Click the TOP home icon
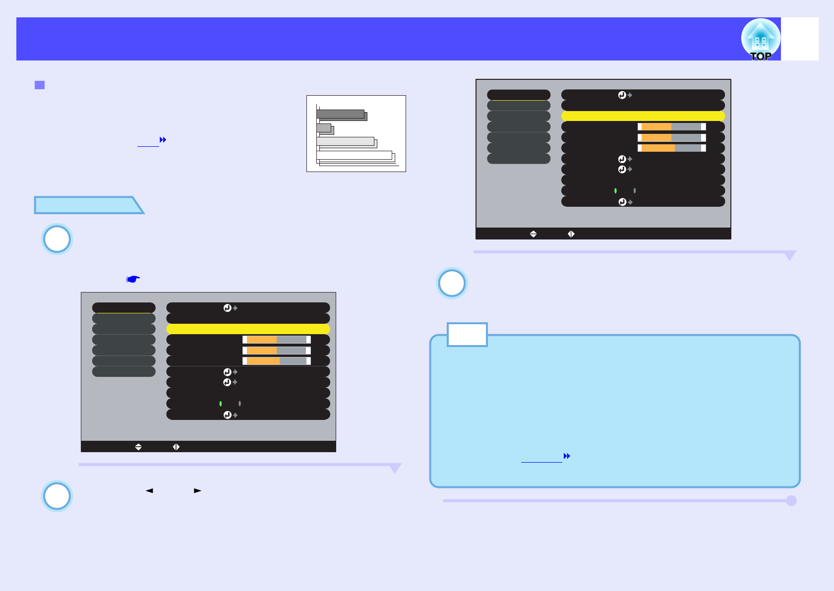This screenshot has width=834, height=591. click(x=760, y=39)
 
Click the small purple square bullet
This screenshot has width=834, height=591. click(x=40, y=85)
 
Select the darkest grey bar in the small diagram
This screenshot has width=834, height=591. click(x=341, y=114)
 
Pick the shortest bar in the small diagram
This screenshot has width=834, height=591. click(x=324, y=128)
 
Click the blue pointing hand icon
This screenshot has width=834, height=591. click(x=133, y=279)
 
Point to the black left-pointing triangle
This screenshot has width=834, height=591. click(x=149, y=490)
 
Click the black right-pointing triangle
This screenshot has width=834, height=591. click(x=197, y=490)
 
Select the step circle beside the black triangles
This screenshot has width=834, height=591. click(x=57, y=496)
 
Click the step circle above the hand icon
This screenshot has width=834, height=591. click(x=57, y=239)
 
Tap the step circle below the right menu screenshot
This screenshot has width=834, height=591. click(x=452, y=283)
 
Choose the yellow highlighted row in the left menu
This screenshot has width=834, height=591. click(x=248, y=329)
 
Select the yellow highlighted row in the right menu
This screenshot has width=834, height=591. click(x=643, y=116)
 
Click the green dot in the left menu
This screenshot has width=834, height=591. click(x=220, y=404)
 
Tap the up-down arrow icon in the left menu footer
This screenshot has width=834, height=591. click(x=138, y=447)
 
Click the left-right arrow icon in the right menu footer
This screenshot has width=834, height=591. click(x=571, y=234)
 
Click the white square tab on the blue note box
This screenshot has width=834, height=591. click(x=467, y=335)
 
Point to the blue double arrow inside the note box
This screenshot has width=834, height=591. click(x=567, y=456)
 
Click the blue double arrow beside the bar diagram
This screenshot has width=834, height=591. click(x=163, y=140)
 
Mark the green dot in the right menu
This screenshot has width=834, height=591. click(x=615, y=191)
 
